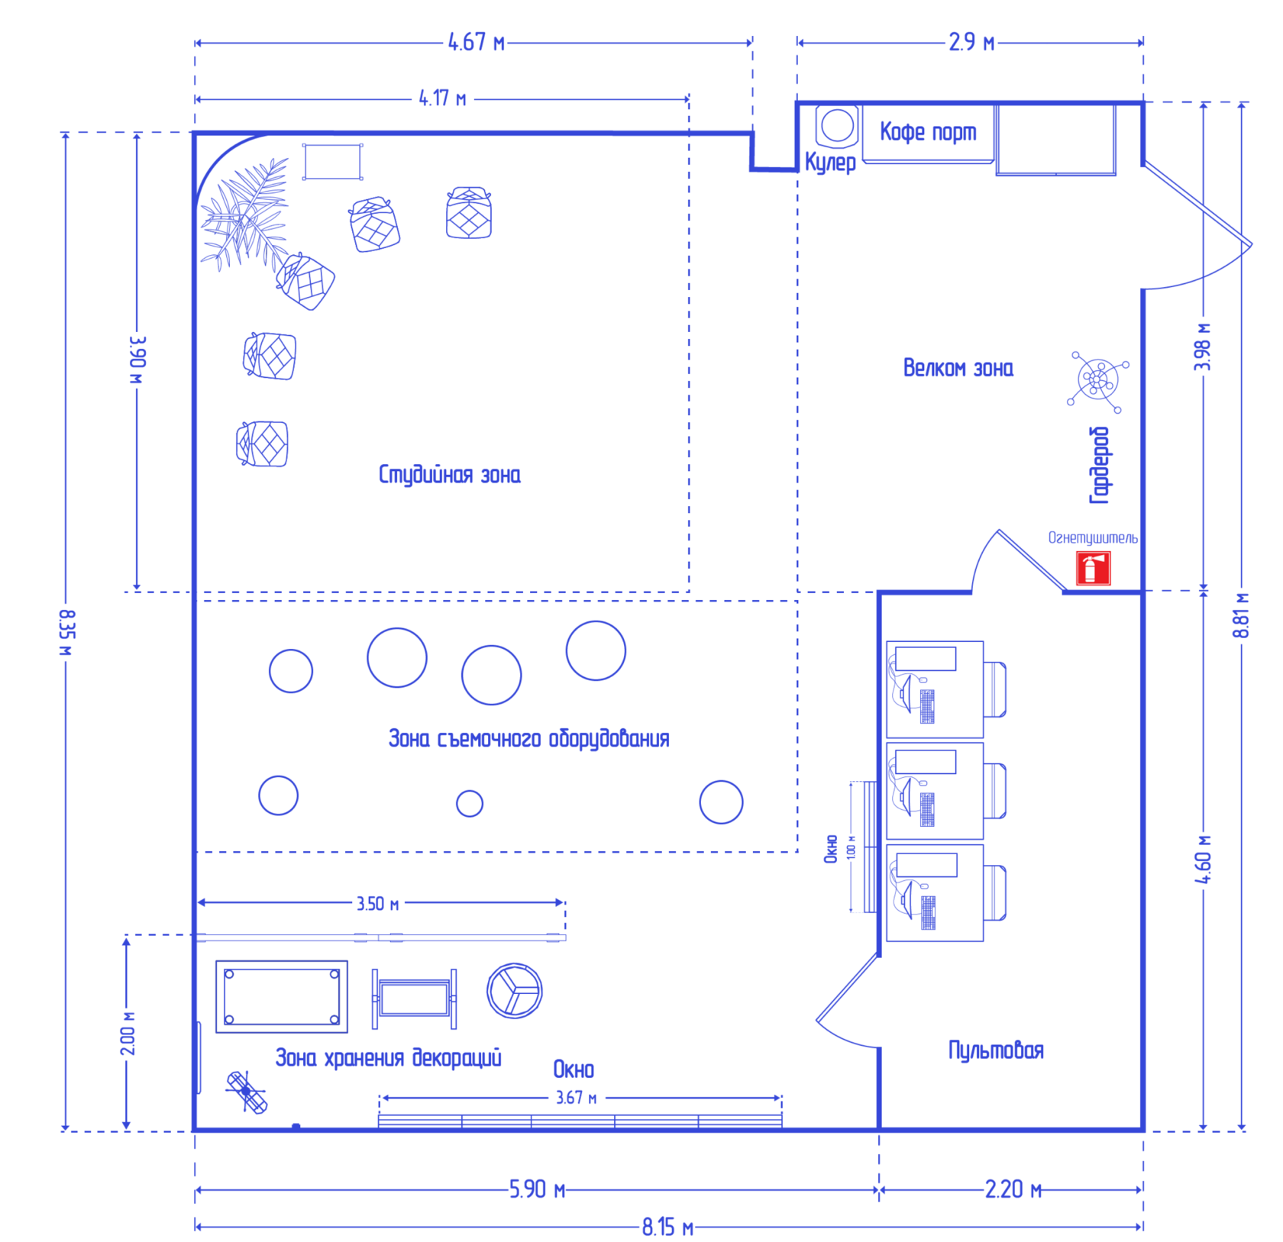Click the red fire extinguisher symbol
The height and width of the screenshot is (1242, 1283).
click(x=1093, y=569)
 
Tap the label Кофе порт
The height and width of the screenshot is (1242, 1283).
click(x=928, y=132)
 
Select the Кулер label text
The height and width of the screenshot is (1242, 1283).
click(x=830, y=163)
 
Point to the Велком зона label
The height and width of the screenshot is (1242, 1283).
click(x=958, y=369)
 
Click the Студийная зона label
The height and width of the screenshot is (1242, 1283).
click(x=449, y=475)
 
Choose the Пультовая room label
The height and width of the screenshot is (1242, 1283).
click(x=996, y=1050)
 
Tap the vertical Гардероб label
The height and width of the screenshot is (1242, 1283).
click(x=1099, y=465)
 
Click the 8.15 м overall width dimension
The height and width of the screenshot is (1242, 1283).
click(x=667, y=1227)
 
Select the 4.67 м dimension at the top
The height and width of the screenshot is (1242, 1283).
click(x=477, y=43)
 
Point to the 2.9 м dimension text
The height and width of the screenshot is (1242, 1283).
click(x=971, y=43)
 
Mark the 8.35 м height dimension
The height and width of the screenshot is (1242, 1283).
click(x=67, y=632)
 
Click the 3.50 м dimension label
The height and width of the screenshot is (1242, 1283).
click(x=378, y=904)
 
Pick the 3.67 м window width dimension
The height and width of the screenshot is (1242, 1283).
click(x=576, y=1098)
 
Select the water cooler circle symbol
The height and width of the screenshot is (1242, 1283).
click(x=837, y=126)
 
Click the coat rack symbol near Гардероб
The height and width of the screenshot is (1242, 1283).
click(x=1097, y=379)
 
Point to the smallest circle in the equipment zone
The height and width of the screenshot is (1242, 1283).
click(x=470, y=803)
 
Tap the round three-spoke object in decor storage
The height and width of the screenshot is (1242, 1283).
click(x=515, y=991)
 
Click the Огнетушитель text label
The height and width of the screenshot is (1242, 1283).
click(x=1092, y=538)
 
